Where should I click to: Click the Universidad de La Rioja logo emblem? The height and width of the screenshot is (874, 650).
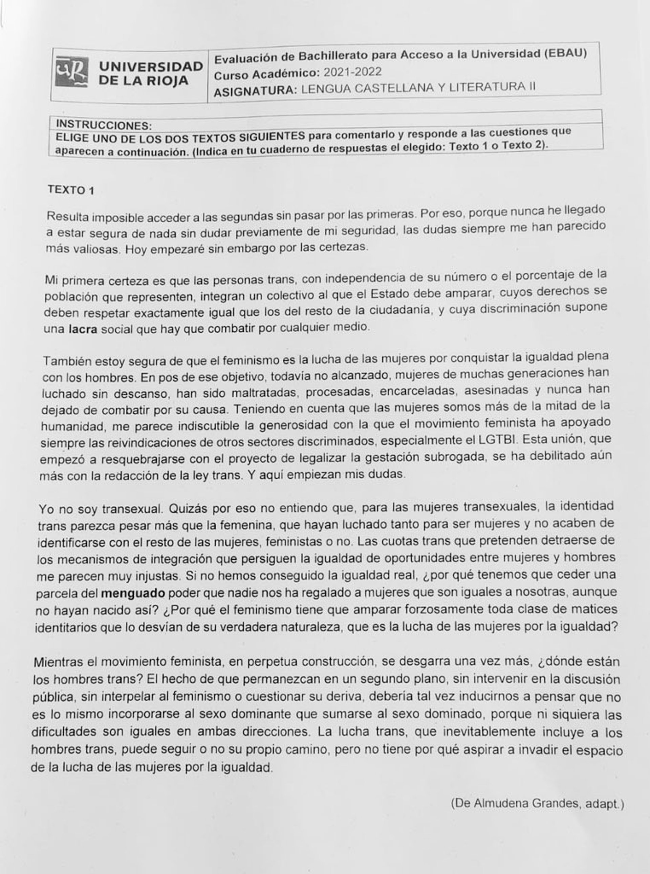[72, 72]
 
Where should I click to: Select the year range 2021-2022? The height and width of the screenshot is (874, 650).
[352, 72]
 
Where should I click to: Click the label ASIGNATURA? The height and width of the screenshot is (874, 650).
[255, 91]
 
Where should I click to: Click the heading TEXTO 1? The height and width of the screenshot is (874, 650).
[71, 190]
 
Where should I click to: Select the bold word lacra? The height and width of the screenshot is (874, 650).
[83, 329]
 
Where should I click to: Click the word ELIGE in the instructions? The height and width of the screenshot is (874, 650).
[72, 138]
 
